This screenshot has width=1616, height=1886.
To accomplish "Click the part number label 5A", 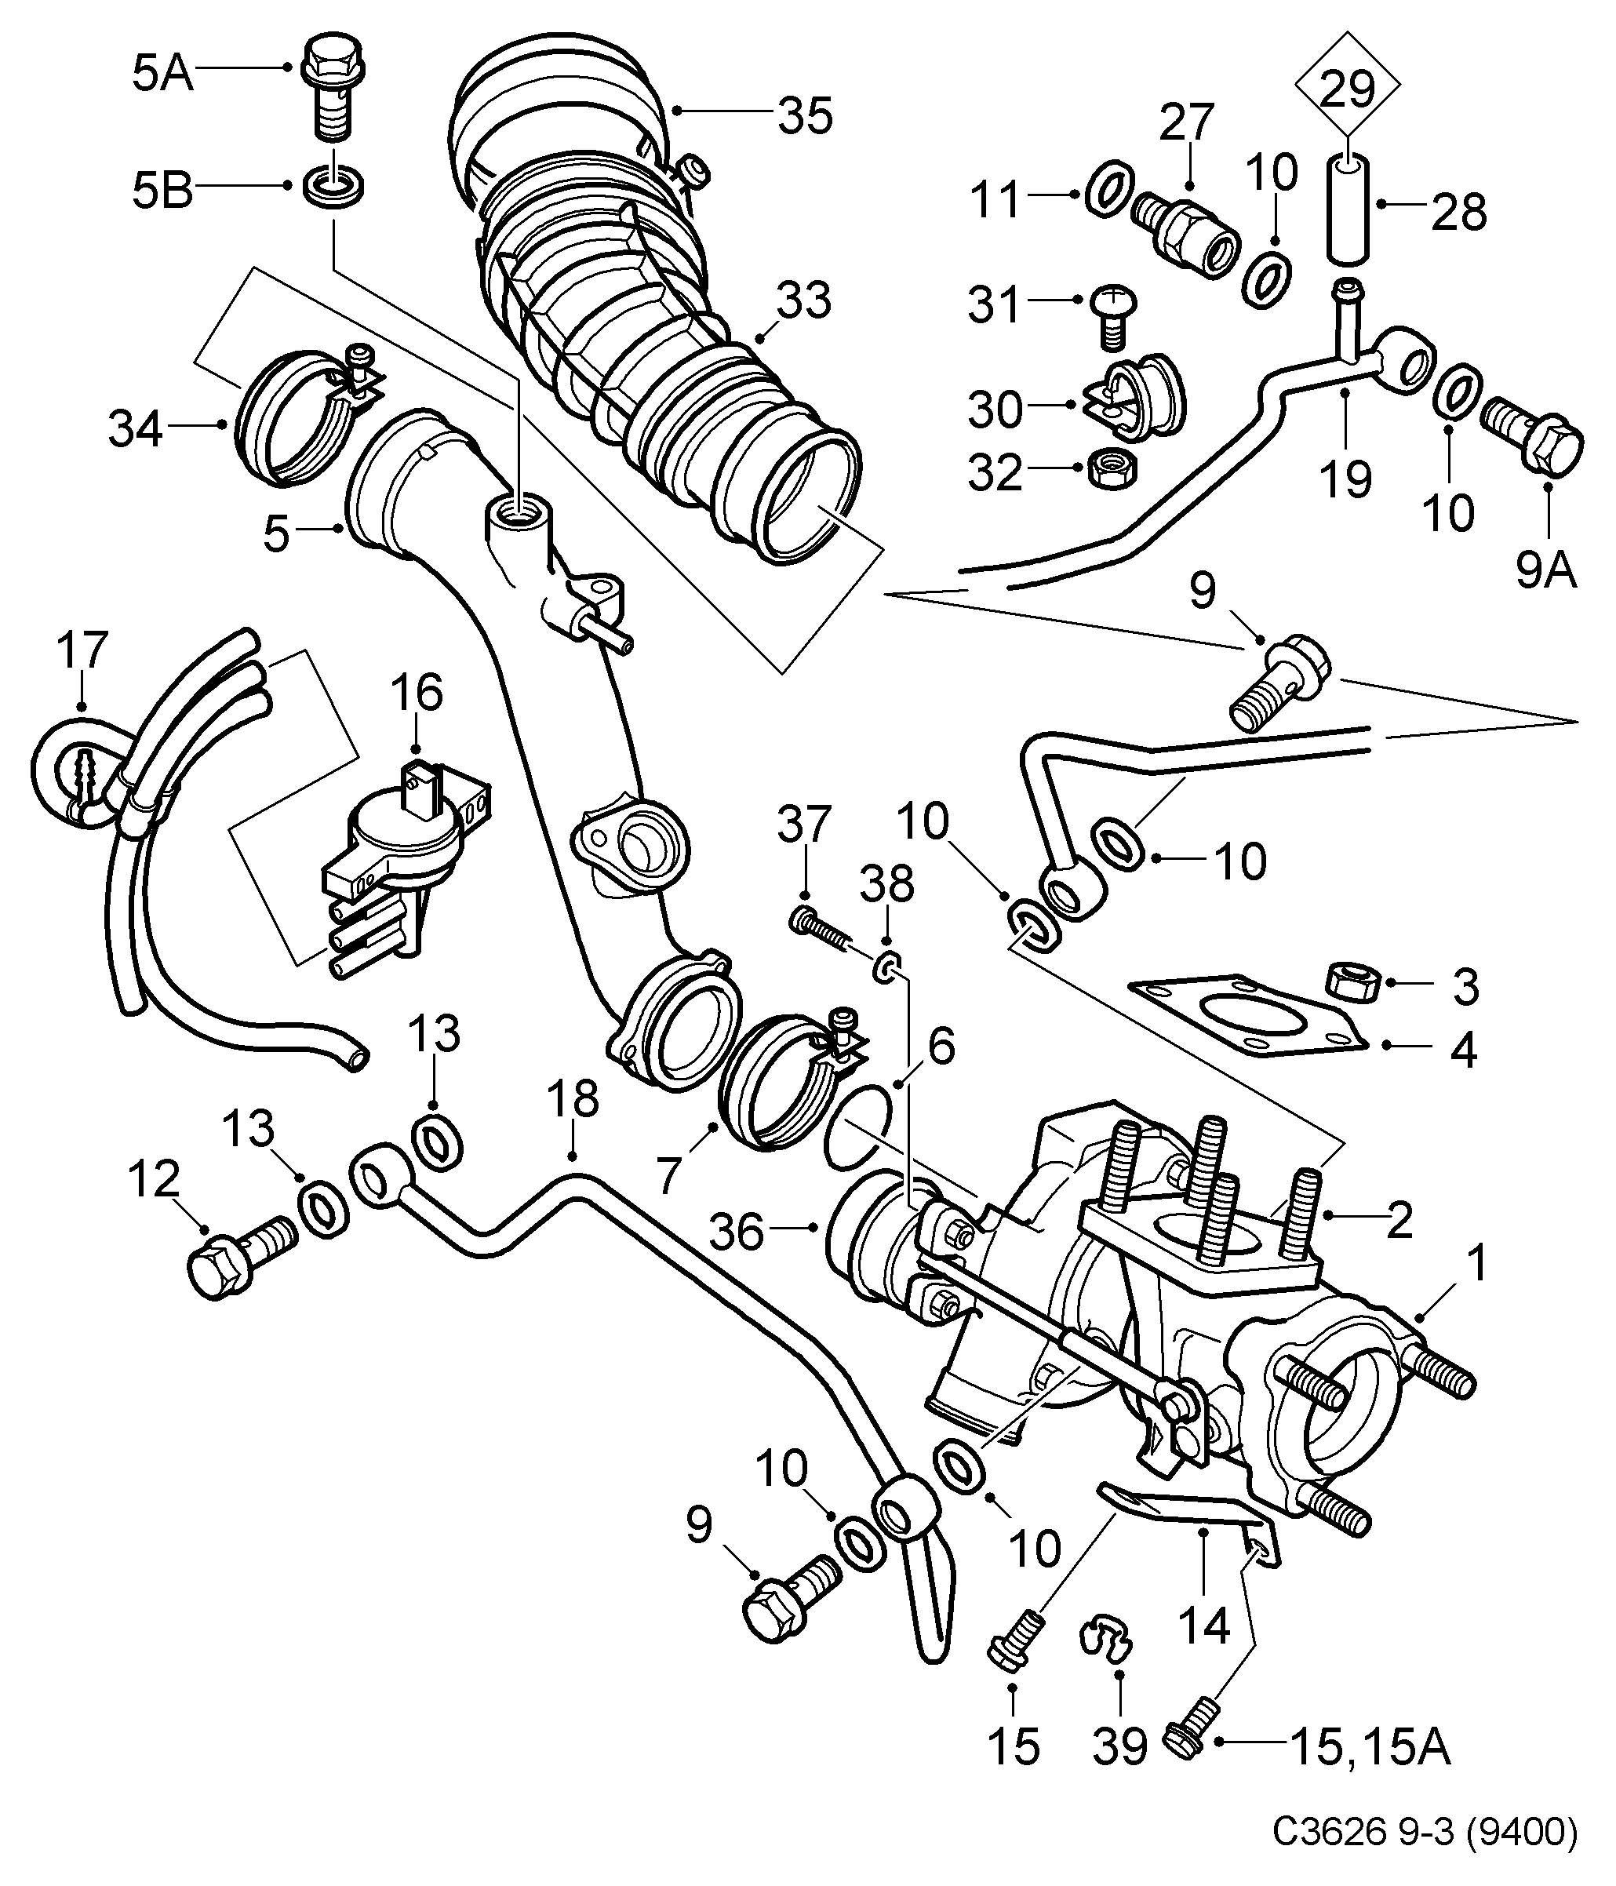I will [x=164, y=73].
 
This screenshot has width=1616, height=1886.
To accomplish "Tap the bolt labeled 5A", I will [x=331, y=86].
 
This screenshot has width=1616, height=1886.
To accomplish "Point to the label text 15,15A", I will [x=1370, y=1746].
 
